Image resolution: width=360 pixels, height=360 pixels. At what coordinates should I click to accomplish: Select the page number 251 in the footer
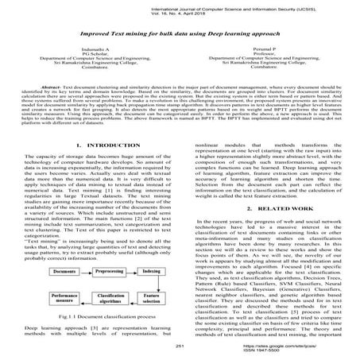click(x=180, y=346)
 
